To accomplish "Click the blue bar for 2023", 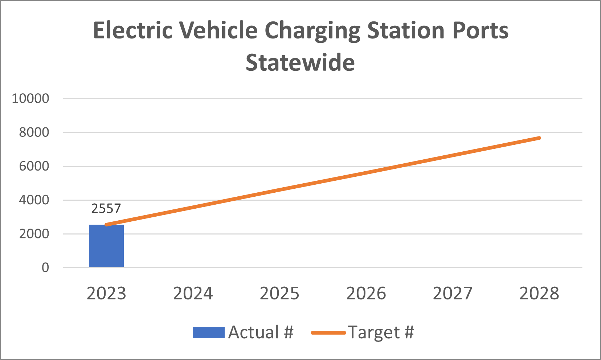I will coord(106,246).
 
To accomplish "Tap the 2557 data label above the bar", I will coord(106,209).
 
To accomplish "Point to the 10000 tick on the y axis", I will coord(30,98).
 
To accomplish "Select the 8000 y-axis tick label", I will coord(34,132).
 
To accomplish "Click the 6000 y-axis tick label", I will coord(34,166).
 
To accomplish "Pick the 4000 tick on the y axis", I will coord(34,200).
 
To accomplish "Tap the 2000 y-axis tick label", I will coord(34,234).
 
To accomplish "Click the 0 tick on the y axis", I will coord(45,268).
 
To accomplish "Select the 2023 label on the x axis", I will coord(106,294).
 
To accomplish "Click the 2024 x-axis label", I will coord(193,294).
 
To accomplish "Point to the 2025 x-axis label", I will coord(279,294).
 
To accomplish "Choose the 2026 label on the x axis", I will coord(366,294).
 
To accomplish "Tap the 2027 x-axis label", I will coord(453,294).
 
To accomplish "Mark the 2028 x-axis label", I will coord(539,294).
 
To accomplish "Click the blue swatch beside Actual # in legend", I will coord(208,332).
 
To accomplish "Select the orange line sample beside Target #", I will coord(328,332).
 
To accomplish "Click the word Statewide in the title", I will coord(300,63).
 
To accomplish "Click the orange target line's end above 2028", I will coord(539,138).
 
